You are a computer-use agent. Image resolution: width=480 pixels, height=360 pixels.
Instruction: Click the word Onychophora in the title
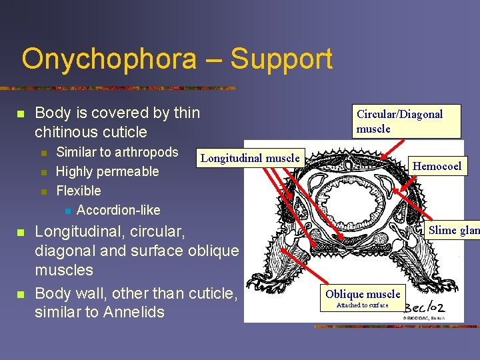109,59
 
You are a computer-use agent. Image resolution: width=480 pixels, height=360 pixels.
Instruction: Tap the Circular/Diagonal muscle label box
399,121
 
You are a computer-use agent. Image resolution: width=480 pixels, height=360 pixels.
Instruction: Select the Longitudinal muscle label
250,158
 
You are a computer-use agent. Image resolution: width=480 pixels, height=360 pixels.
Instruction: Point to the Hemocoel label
437,166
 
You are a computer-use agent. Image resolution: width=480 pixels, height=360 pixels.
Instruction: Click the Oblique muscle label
363,294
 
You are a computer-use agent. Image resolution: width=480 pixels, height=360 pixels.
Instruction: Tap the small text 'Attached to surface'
363,305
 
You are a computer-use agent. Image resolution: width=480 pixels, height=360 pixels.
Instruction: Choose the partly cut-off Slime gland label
454,231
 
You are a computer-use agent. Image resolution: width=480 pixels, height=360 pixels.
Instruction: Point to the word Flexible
79,191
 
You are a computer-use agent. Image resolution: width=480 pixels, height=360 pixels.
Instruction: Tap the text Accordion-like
119,210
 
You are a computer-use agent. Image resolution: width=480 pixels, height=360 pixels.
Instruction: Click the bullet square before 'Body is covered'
20,114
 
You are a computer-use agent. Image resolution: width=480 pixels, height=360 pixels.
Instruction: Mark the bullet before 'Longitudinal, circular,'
20,233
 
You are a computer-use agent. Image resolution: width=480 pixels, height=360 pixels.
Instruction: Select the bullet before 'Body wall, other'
20,294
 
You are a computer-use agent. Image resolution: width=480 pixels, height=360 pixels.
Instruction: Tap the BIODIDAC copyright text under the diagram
423,318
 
